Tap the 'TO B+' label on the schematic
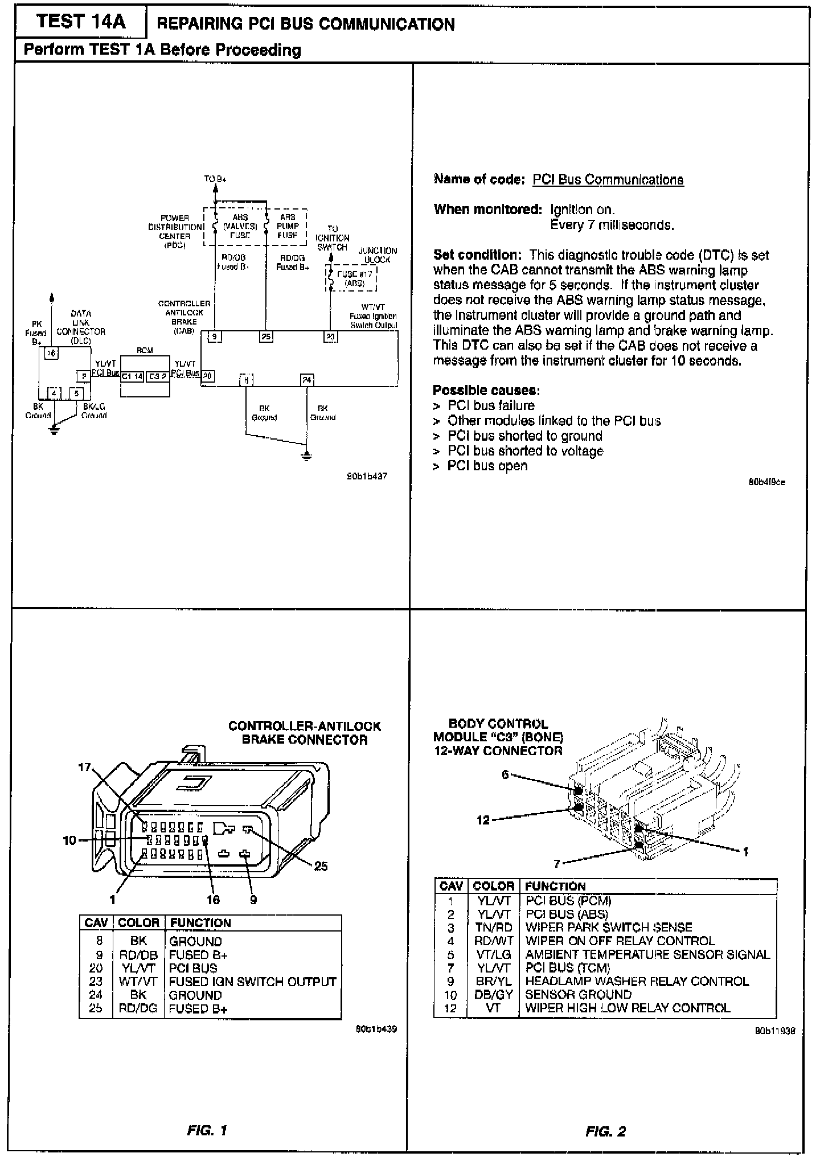[x=216, y=179]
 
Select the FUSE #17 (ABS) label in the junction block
[x=354, y=278]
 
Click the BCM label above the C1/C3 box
[x=145, y=350]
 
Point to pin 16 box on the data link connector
[x=51, y=354]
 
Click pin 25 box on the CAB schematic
[x=266, y=337]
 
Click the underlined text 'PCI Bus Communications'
[x=608, y=180]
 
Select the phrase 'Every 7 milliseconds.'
[x=612, y=225]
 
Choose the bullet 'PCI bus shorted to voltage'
[x=524, y=451]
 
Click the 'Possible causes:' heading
[x=486, y=391]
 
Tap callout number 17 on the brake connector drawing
[x=84, y=768]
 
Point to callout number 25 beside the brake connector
[x=321, y=866]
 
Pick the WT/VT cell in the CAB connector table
[x=138, y=982]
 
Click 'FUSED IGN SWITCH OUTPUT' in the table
[x=252, y=982]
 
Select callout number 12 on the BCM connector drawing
[x=483, y=820]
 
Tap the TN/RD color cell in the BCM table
[x=493, y=927]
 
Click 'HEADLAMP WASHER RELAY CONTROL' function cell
[x=637, y=981]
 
